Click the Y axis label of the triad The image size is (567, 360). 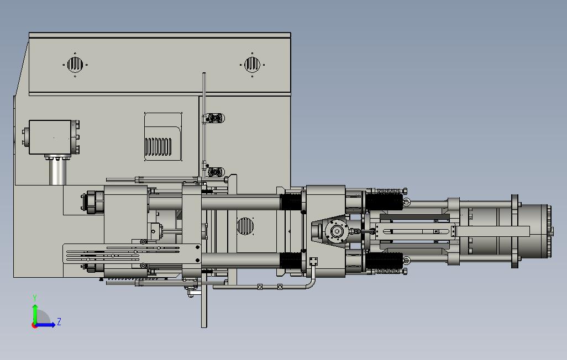[35, 298]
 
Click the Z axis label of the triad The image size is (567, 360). [59, 321]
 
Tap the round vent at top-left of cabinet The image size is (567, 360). [75, 65]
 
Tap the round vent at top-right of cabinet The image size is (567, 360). [252, 65]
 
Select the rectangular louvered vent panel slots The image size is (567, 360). [158, 146]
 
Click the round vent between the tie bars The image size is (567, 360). [245, 226]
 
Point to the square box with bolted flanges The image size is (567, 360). [51, 137]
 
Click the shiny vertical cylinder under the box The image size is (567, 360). [57, 172]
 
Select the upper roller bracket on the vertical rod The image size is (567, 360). [214, 118]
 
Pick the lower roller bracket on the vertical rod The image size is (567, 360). [214, 172]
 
